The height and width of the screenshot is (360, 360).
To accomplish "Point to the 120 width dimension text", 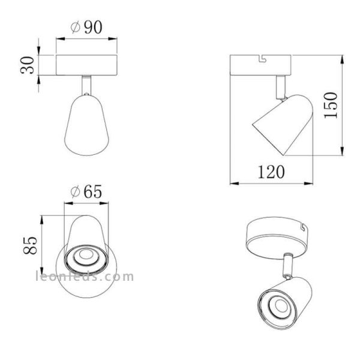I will (x=270, y=173).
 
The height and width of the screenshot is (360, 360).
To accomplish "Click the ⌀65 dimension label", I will (x=86, y=192).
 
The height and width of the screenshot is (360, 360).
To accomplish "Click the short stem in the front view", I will (x=88, y=85).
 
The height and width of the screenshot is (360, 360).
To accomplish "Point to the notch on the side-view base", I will (x=261, y=59).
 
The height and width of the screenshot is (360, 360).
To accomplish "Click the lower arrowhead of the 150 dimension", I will (x=342, y=153).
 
